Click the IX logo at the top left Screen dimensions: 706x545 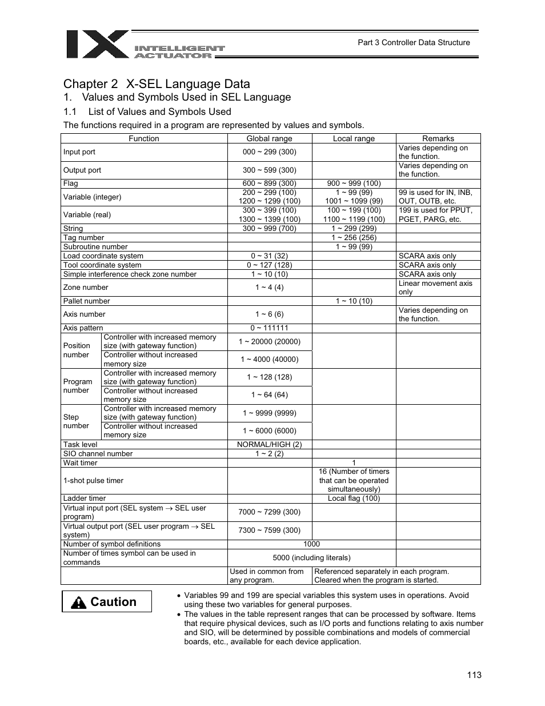tap(97, 45)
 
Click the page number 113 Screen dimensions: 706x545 tap(474, 675)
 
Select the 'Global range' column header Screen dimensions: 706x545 tap(269, 138)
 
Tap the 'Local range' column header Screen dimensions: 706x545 tap(354, 138)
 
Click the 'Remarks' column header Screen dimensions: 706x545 tap(438, 138)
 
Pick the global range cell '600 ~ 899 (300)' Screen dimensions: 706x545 tap(269, 184)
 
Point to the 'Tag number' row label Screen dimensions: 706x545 tap(83, 238)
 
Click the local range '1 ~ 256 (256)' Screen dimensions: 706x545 tap(354, 238)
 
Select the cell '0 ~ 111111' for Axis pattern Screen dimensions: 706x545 tap(269, 328)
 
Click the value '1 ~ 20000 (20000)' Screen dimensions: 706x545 tap(269, 341)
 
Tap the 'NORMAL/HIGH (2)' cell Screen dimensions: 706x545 tap(269, 445)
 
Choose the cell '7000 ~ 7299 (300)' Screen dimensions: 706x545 tap(269, 512)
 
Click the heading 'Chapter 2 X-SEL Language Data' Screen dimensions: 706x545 tap(157, 83)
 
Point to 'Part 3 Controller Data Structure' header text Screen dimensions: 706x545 tap(414, 42)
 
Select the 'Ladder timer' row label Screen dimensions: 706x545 tap(85, 498)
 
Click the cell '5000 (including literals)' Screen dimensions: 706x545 tap(311, 557)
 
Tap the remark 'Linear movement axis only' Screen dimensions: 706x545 tap(435, 288)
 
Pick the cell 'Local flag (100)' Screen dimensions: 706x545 tap(354, 498)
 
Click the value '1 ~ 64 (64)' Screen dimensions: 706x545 tap(269, 395)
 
